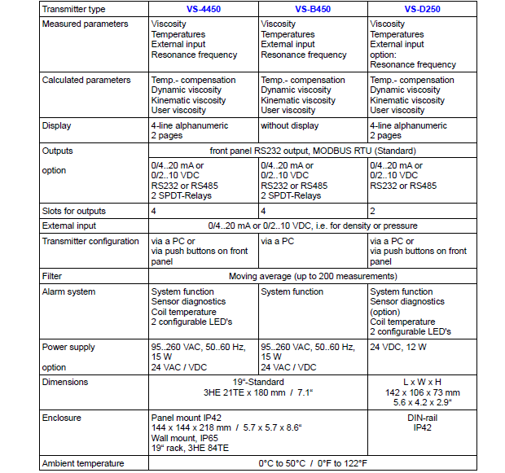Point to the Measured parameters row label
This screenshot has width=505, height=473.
[x=85, y=24]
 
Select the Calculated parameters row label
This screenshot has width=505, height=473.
[x=86, y=81]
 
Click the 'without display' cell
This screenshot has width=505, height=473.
[x=293, y=126]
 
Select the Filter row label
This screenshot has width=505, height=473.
[x=52, y=277]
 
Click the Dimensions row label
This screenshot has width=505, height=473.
[x=65, y=382]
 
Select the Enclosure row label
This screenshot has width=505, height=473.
[x=63, y=418]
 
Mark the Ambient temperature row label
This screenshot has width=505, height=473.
[x=83, y=463]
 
